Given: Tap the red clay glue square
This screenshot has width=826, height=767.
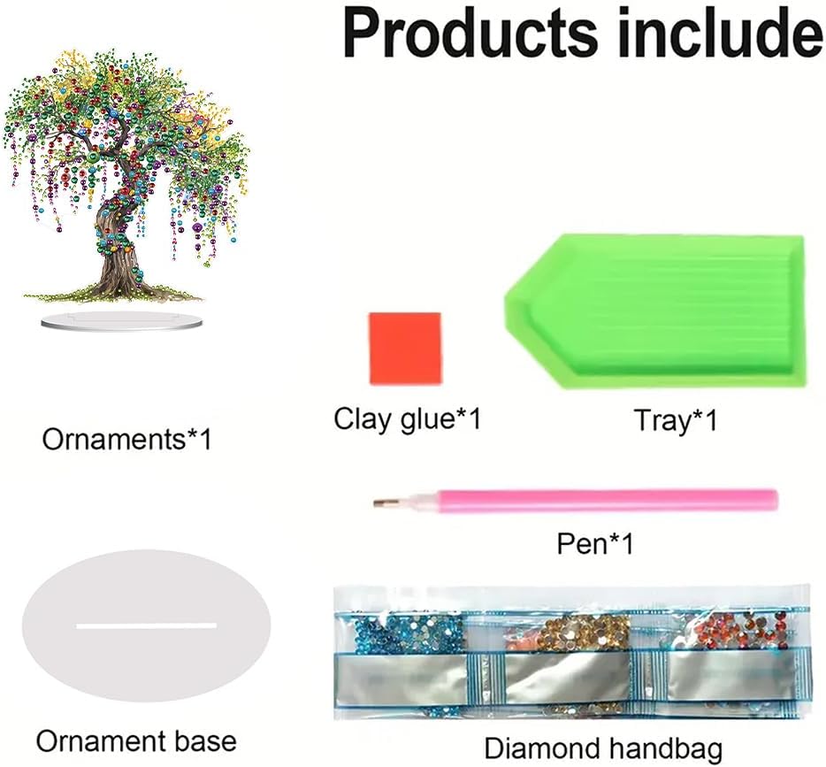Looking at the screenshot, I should pos(404,349).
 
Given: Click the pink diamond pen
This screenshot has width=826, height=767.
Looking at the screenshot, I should pos(584,500).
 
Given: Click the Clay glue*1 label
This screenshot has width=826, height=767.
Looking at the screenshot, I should pos(407,418).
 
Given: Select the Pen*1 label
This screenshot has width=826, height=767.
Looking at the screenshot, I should pos(595,543).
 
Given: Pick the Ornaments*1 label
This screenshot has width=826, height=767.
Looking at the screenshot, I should pos(127,438).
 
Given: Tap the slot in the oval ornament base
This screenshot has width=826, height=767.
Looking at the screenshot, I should pos(146,625).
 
